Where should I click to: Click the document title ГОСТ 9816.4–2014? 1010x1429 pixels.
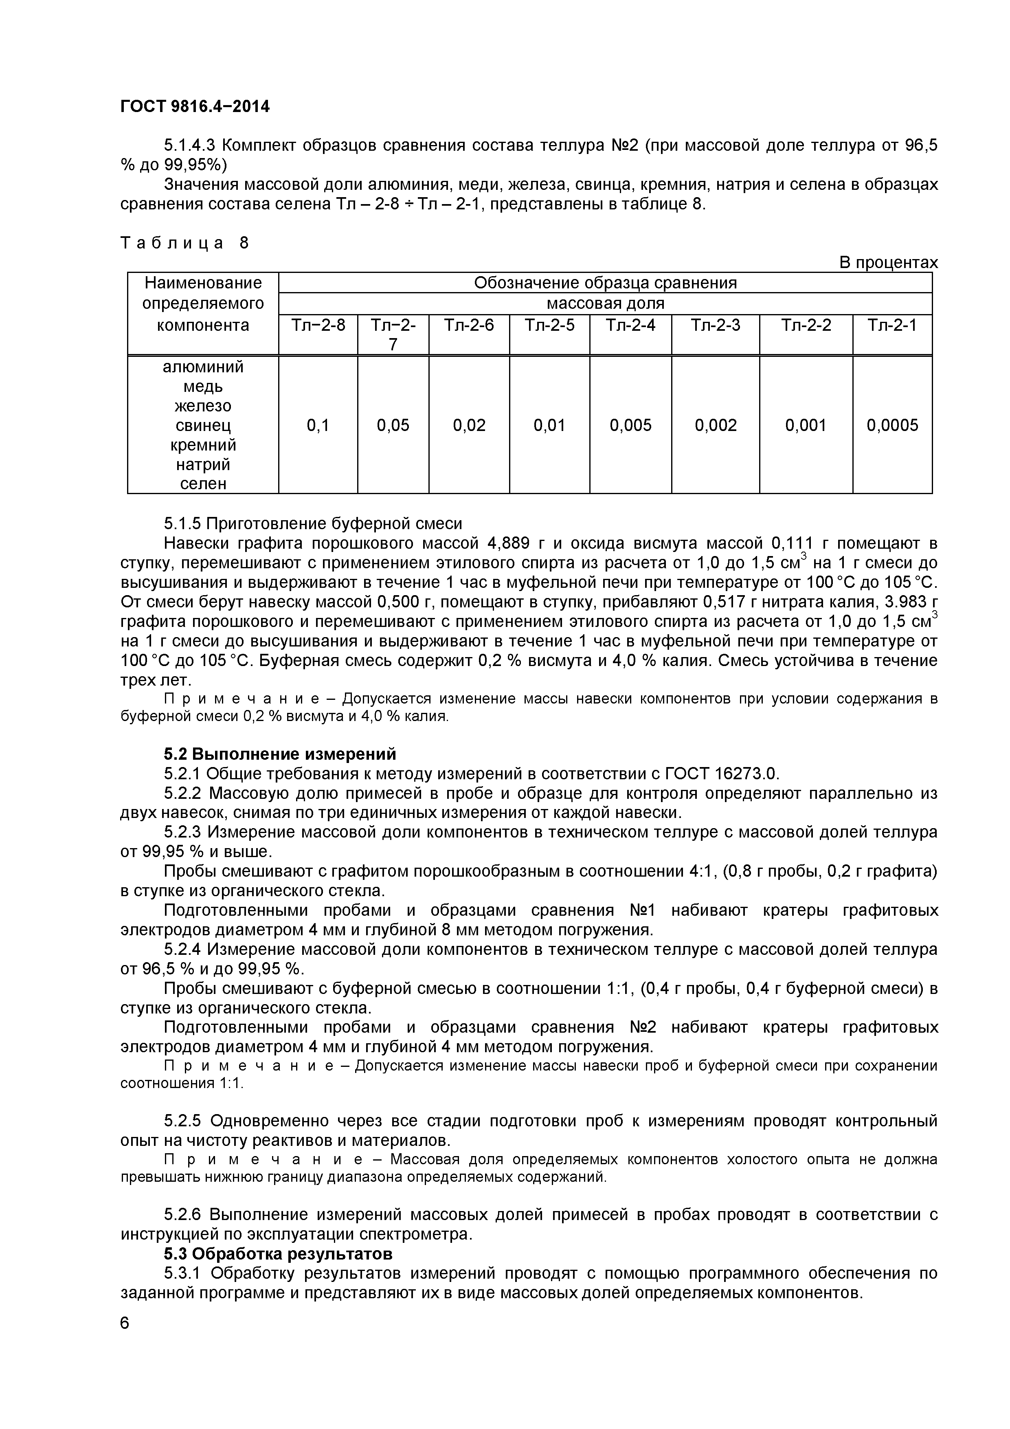(195, 106)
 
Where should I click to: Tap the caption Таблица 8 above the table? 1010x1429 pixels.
(184, 243)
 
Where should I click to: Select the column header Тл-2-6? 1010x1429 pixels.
(469, 325)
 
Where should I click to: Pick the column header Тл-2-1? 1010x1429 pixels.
(892, 325)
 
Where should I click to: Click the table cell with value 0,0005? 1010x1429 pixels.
(892, 425)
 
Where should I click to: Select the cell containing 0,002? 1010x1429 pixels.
(715, 425)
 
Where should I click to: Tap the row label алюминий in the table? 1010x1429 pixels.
(203, 367)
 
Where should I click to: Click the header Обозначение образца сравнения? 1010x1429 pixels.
(605, 283)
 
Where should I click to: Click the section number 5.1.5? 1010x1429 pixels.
(182, 523)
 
